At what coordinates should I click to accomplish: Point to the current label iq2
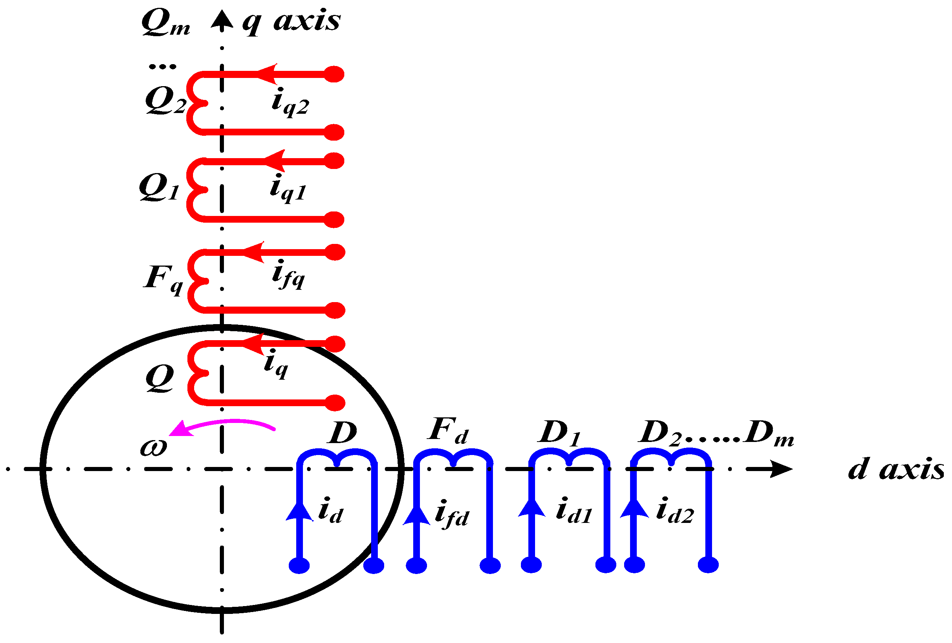(x=290, y=103)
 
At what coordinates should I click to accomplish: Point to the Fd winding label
(x=448, y=432)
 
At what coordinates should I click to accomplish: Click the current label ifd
(x=452, y=515)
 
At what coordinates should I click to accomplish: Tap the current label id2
(x=675, y=512)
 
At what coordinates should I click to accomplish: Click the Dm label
(x=769, y=434)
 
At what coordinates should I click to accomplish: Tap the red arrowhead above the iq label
(x=254, y=344)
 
